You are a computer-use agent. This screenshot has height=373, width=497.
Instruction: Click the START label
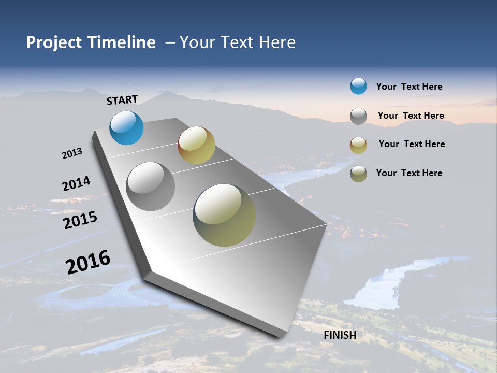pyautogui.click(x=122, y=100)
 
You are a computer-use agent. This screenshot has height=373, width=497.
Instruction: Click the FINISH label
pyautogui.click(x=340, y=335)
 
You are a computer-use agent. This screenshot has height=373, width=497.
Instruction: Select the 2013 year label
pyautogui.click(x=72, y=153)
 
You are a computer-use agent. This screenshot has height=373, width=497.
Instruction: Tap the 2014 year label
pyautogui.click(x=76, y=183)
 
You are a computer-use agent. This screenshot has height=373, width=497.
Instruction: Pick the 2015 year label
pyautogui.click(x=80, y=220)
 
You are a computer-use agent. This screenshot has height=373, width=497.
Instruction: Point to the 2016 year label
pyautogui.click(x=88, y=262)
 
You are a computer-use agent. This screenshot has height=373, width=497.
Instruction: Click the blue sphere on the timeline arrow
pyautogui.click(x=126, y=127)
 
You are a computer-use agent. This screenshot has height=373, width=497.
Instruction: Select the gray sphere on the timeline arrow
pyautogui.click(x=151, y=186)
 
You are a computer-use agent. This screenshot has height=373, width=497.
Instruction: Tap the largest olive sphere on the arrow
pyautogui.click(x=224, y=215)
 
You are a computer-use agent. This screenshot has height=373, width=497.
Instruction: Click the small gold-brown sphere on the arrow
pyautogui.click(x=196, y=145)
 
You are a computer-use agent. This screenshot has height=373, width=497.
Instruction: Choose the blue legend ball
pyautogui.click(x=358, y=86)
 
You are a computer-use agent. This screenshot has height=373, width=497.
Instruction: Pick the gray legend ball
pyautogui.click(x=358, y=116)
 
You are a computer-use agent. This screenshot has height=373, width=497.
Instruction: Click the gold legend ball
pyautogui.click(x=358, y=145)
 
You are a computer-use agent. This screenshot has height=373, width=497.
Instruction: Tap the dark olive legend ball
pyautogui.click(x=358, y=174)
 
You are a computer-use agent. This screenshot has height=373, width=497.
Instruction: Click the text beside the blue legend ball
pyautogui.click(x=409, y=87)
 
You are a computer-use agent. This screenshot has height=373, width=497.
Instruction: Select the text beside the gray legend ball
pyautogui.click(x=411, y=116)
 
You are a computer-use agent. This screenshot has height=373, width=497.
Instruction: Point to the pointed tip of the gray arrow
pyautogui.click(x=282, y=336)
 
